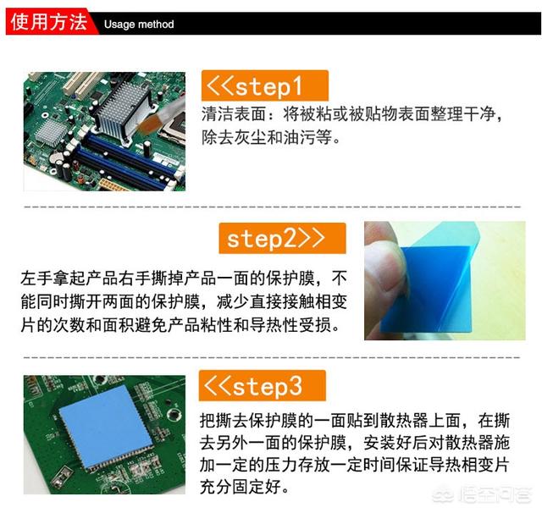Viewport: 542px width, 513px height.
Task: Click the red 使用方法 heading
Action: coord(48,23)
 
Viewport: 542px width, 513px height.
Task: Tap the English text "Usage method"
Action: coord(139,25)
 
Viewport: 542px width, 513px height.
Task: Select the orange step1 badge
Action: coord(265,85)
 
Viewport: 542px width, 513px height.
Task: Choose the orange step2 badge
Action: coord(282,238)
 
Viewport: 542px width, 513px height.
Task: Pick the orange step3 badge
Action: coord(262,385)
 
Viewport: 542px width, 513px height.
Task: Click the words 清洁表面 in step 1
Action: coord(234,114)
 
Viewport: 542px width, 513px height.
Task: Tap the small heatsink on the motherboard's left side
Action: coord(52,132)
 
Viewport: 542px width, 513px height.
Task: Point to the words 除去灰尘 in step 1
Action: coord(234,137)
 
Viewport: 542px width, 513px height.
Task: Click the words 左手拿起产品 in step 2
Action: coord(69,279)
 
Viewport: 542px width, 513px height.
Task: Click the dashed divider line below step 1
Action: coord(272,207)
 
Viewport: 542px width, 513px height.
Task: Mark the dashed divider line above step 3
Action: coord(272,357)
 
